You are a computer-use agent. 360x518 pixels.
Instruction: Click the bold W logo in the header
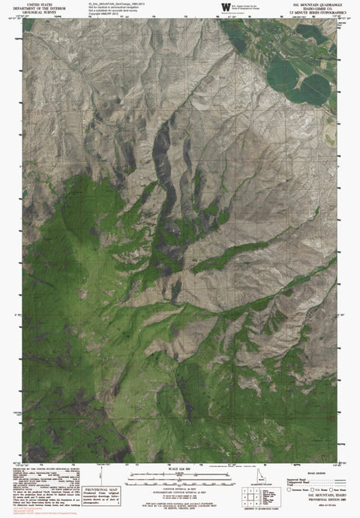point(226,8)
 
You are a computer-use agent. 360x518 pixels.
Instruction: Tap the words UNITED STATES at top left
point(37,4)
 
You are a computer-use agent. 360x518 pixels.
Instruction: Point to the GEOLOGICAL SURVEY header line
point(37,12)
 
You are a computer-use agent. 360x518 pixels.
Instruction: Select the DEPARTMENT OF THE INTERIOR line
point(37,8)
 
